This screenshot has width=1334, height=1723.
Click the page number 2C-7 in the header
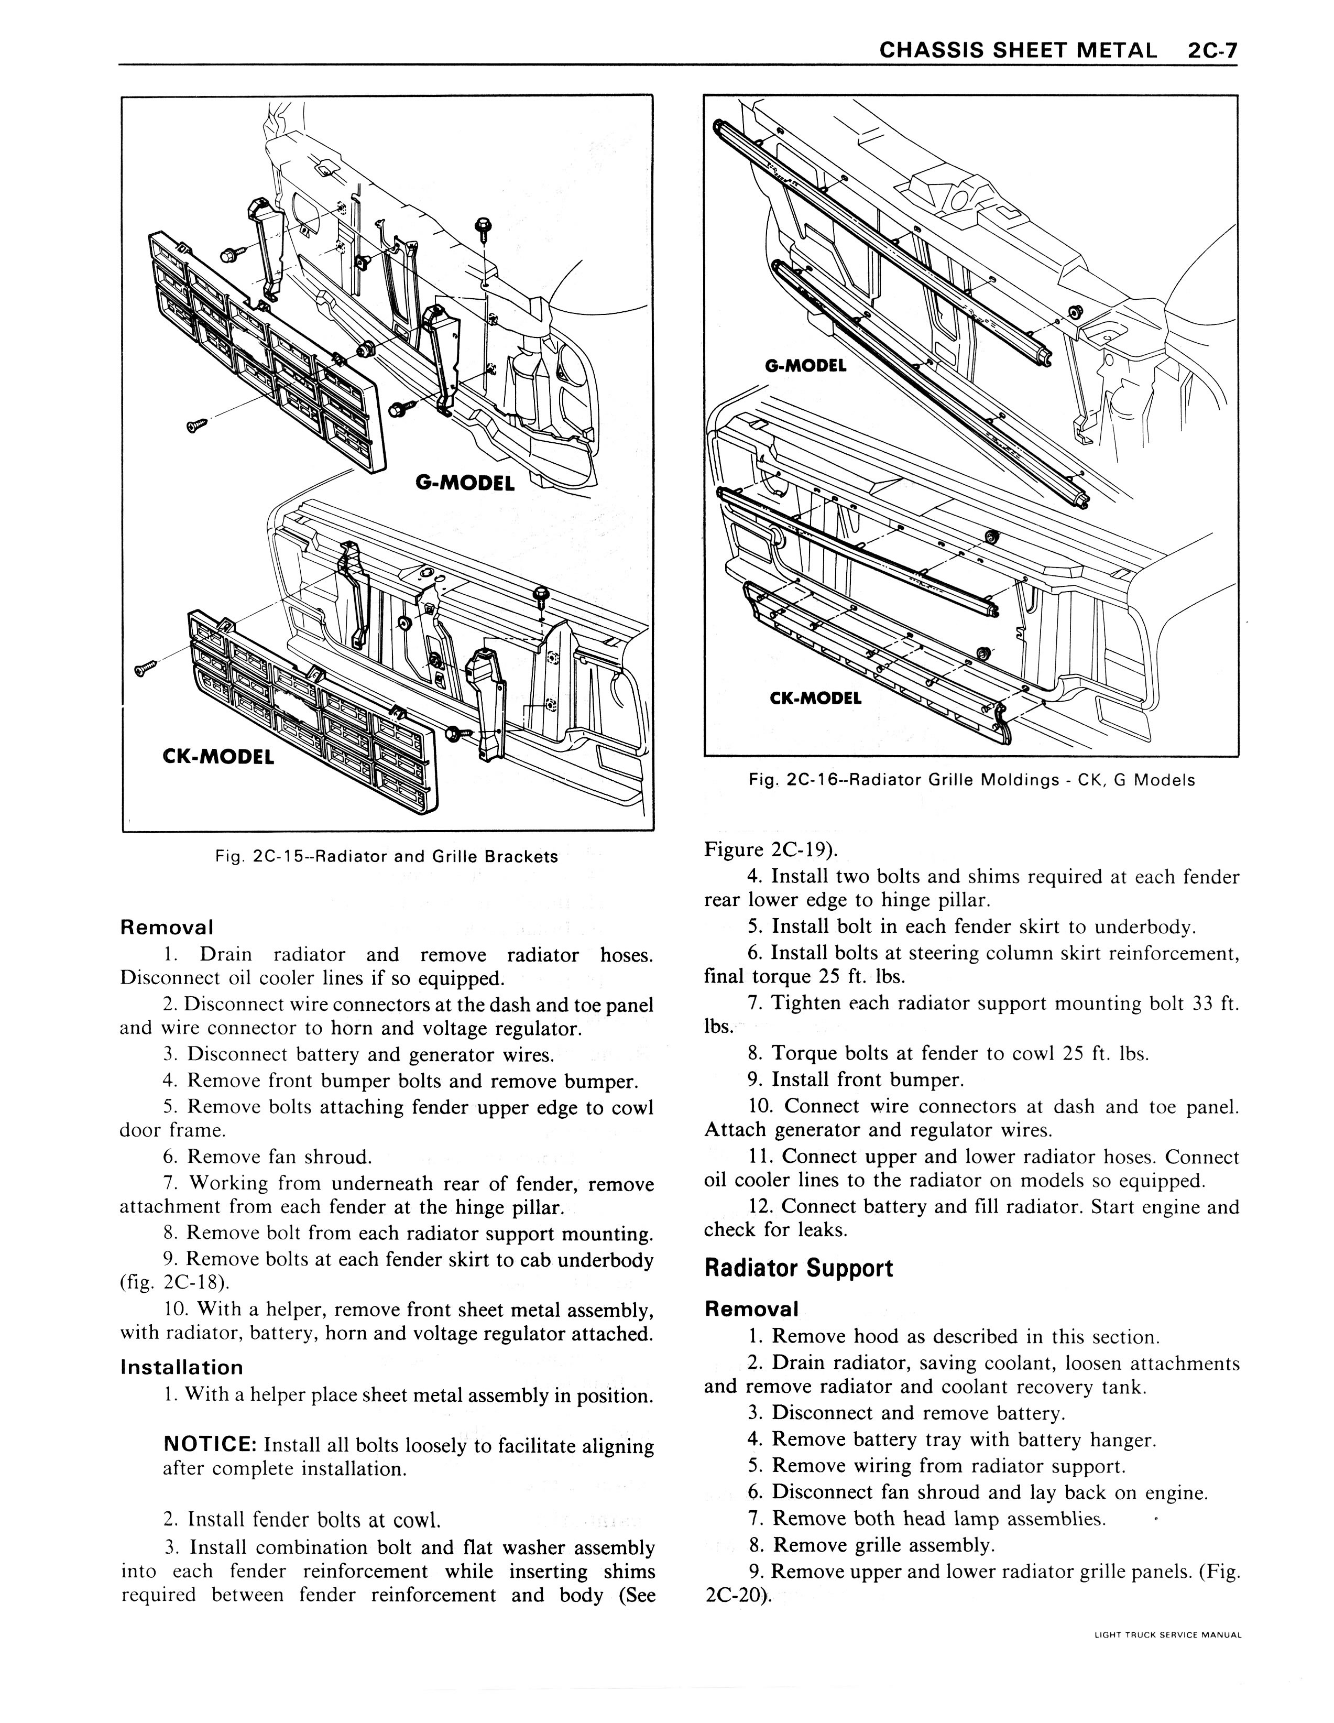(x=1210, y=51)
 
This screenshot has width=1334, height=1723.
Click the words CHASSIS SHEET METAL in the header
(x=1018, y=51)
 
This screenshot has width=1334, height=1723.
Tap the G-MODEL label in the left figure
(x=465, y=482)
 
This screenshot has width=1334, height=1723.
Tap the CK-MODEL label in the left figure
(x=218, y=757)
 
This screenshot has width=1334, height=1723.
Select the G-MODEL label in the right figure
(x=805, y=366)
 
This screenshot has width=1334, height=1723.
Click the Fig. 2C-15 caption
(x=387, y=857)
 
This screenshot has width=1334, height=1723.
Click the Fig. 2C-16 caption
(x=972, y=780)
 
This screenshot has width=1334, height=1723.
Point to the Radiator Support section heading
(x=799, y=1269)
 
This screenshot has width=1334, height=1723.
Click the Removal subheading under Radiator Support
(x=752, y=1310)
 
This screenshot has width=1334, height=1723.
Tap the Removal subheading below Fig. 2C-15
(x=167, y=928)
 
